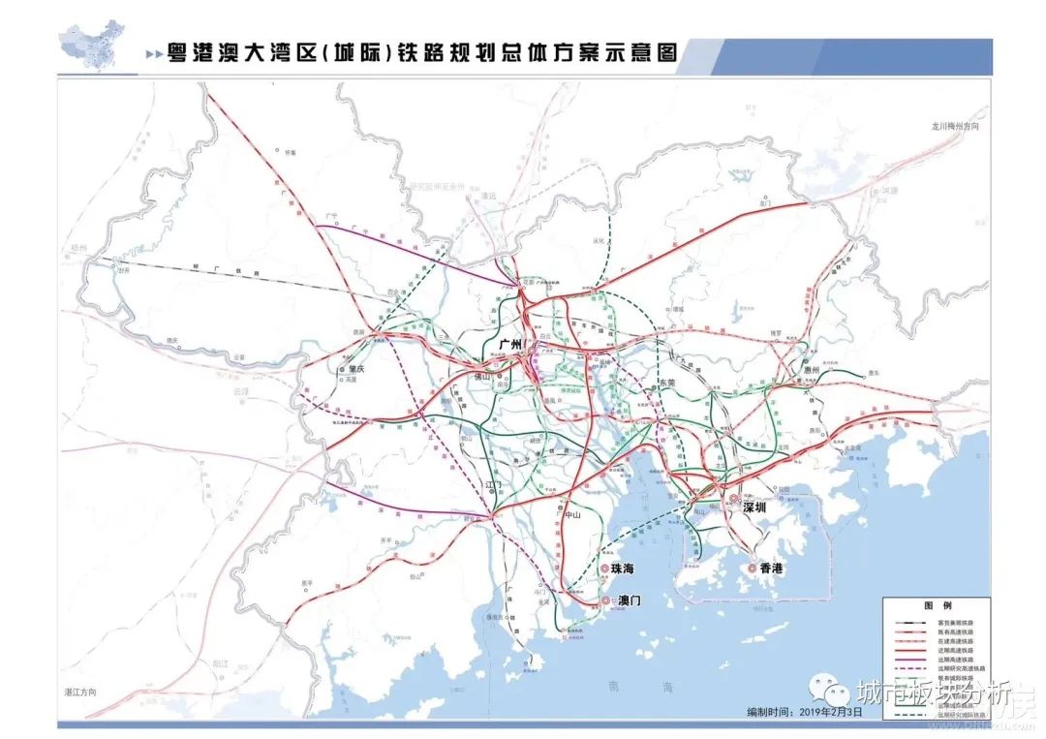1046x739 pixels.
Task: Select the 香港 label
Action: (771, 569)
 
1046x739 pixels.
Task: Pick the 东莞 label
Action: (666, 384)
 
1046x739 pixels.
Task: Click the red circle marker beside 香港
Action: (752, 569)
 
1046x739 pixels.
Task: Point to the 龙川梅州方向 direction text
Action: (956, 126)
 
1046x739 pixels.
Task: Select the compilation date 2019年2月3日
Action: (789, 712)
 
